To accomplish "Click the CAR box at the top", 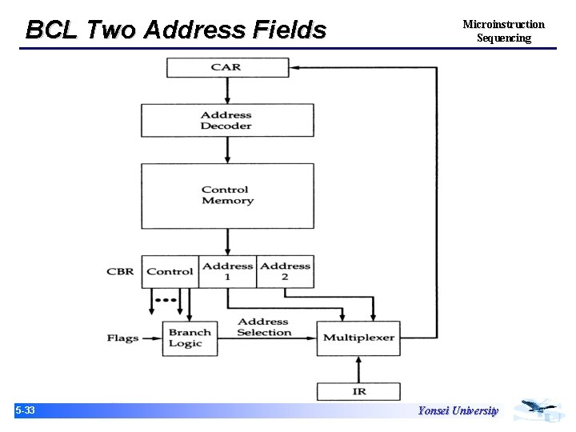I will (226, 67).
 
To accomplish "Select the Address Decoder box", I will (226, 121).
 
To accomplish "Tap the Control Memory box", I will (226, 195).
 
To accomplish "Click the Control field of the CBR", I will (170, 271).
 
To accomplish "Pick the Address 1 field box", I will (227, 271).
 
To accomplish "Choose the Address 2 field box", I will (285, 271).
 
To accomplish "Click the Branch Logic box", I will (190, 338).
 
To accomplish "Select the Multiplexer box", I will (358, 338).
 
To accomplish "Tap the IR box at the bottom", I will (358, 392).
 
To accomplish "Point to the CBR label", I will (120, 271).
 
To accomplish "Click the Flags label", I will (122, 338).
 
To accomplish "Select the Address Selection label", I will (264, 327).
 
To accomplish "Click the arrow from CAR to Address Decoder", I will (226, 91).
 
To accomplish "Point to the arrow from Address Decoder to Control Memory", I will (226, 150).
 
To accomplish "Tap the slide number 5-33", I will (25, 410).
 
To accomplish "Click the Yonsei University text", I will (458, 410).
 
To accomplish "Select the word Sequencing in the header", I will (503, 38).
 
